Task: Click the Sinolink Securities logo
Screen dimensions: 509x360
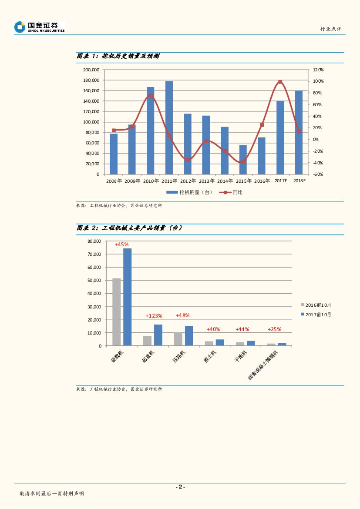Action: pyautogui.click(x=39, y=27)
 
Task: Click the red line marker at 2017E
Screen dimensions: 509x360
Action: pyautogui.click(x=280, y=82)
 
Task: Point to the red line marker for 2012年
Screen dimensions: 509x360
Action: pyautogui.click(x=188, y=160)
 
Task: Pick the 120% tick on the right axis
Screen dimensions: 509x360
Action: pyautogui.click(x=318, y=70)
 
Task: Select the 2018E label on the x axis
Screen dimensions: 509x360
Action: pyautogui.click(x=299, y=181)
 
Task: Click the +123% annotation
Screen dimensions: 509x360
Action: pyautogui.click(x=154, y=315)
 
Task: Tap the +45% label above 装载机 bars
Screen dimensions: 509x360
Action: pyautogui.click(x=121, y=244)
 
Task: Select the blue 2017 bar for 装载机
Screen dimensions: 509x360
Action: pyautogui.click(x=127, y=297)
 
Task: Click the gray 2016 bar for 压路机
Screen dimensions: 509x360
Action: pyautogui.click(x=178, y=339)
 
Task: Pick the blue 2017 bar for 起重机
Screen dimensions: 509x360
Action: pyautogui.click(x=158, y=335)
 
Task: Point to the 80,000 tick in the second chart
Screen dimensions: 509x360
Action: pyautogui.click(x=94, y=241)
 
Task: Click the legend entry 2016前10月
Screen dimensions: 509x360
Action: pyautogui.click(x=318, y=305)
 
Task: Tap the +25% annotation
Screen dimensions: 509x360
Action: pyautogui.click(x=274, y=329)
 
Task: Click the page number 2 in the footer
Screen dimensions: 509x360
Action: pyautogui.click(x=180, y=487)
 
